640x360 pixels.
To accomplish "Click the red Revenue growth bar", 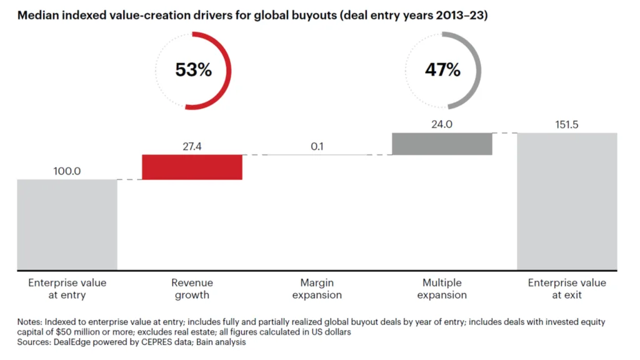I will tap(192, 167).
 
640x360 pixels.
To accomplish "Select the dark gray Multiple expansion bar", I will tap(442, 143).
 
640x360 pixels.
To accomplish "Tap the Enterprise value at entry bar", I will tap(67, 224).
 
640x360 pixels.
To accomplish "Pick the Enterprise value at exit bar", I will tap(567, 201).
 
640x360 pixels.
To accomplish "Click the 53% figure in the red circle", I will tap(193, 70).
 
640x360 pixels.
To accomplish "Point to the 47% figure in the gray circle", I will tap(442, 70).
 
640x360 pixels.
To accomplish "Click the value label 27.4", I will tap(192, 147).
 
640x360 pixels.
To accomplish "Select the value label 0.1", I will tap(317, 147).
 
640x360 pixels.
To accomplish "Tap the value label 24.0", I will tap(442, 124).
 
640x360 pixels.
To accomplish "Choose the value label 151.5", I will tap(567, 124).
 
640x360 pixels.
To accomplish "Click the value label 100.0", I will tap(67, 171).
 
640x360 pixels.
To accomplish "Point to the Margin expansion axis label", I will tap(317, 289).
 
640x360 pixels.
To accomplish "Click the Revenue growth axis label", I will tap(192, 289).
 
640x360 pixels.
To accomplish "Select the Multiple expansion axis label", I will tap(442, 289).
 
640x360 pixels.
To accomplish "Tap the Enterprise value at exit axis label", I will tap(567, 289).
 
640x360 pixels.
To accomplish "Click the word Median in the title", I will tap(37, 16).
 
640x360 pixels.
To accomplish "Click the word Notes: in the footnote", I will tap(31, 321).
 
